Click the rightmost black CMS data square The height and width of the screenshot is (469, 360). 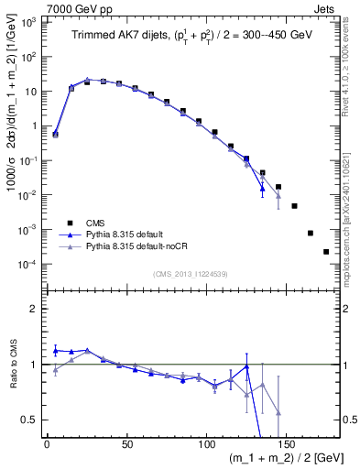pos(326,252)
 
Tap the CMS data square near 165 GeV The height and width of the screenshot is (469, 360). pos(311,233)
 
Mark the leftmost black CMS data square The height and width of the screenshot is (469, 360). pos(55,134)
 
